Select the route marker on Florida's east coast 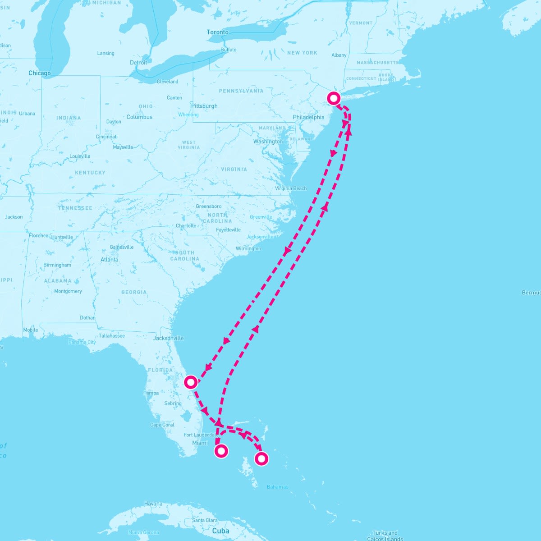[191, 382]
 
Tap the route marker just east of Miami [221, 451]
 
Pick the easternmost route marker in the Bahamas [261, 459]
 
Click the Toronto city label [217, 32]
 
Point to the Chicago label [40, 73]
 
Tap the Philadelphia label [308, 117]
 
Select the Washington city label [268, 142]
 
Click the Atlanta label [110, 260]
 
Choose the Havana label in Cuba [153, 504]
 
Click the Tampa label [151, 393]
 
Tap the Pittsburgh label [204, 106]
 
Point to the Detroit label [138, 63]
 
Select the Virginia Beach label [291, 188]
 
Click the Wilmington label [248, 248]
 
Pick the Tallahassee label [112, 336]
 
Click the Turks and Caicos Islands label [385, 536]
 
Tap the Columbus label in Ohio [139, 117]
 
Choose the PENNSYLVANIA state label [241, 91]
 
